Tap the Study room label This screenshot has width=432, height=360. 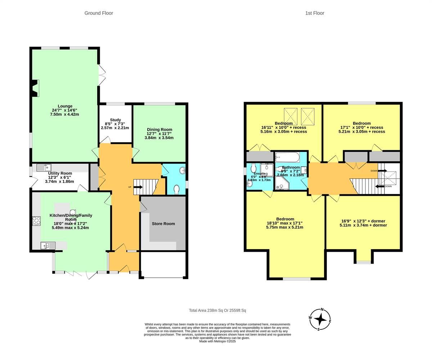point(115,120)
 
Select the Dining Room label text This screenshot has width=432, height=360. point(159,130)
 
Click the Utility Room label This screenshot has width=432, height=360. point(60,173)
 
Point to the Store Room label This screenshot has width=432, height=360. point(163,224)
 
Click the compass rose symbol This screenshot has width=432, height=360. point(320,319)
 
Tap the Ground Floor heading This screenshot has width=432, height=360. point(99,13)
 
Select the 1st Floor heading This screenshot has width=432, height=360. point(315,13)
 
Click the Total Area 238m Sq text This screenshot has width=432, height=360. point(217,310)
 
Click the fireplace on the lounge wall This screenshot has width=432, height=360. point(35,88)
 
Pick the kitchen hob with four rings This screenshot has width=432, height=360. point(36,221)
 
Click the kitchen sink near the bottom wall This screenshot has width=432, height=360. point(48,246)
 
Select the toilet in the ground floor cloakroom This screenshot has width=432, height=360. point(176,189)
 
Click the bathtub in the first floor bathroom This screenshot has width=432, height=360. point(287,157)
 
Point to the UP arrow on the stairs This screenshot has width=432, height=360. point(138,187)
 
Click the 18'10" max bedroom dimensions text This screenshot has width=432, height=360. point(284,223)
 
